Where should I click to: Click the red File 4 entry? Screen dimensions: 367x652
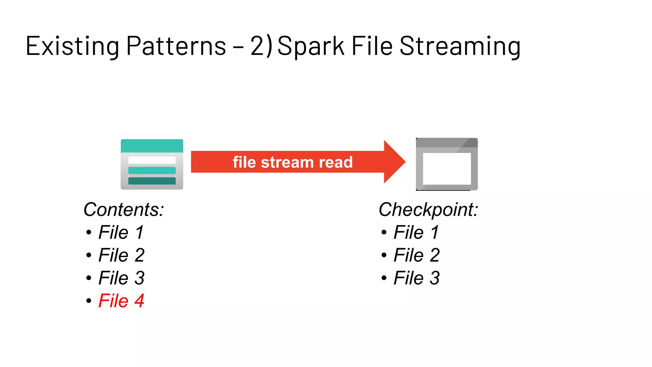tap(121, 301)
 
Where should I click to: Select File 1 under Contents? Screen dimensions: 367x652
tap(121, 232)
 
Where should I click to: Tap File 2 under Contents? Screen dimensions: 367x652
tap(121, 255)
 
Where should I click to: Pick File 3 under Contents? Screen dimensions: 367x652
tap(121, 278)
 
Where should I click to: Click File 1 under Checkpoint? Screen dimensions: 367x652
tap(416, 232)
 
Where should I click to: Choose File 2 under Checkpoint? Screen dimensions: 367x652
tap(416, 255)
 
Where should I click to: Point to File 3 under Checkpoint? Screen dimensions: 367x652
tap(416, 278)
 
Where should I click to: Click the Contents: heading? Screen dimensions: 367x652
tap(124, 209)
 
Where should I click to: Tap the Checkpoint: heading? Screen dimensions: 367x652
tap(428, 210)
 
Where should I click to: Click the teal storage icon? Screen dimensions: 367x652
tap(152, 164)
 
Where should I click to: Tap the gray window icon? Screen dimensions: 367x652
tap(447, 164)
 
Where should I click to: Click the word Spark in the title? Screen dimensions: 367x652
tap(311, 46)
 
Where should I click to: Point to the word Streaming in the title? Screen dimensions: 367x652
tap(460, 46)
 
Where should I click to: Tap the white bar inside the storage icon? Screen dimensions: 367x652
tap(152, 160)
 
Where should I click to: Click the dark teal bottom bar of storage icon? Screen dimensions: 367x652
tap(152, 181)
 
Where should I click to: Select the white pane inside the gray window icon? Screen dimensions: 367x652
tap(447, 169)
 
